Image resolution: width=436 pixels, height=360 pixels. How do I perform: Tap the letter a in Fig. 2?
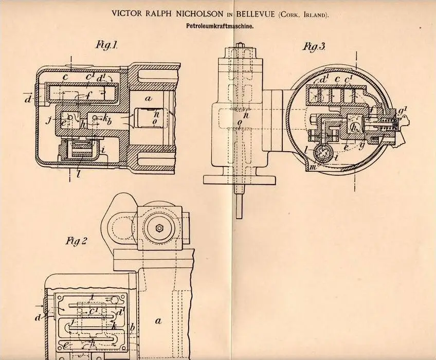point(158,320)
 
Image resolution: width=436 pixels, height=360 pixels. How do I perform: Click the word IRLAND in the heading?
point(314,15)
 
